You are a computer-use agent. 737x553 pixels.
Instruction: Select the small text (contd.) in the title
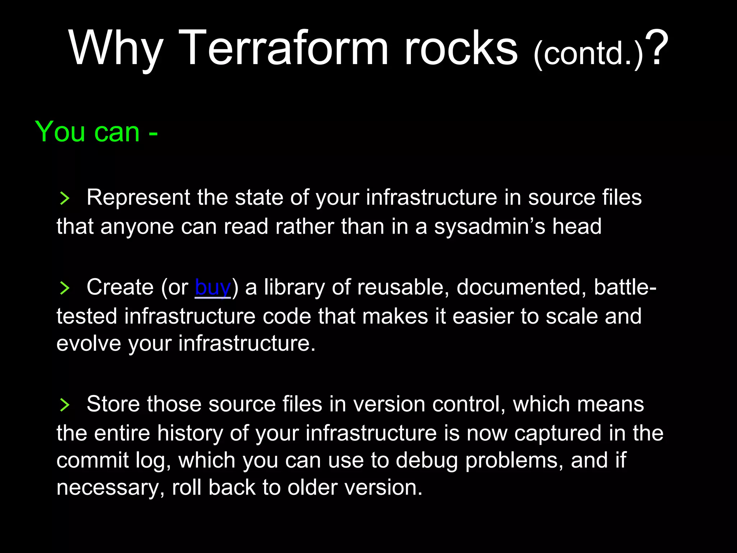coord(588,54)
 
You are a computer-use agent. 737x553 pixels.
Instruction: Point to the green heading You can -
coord(96,132)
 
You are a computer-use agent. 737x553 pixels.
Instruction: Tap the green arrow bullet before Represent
coord(64,198)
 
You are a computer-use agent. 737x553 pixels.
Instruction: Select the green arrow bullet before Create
coord(64,288)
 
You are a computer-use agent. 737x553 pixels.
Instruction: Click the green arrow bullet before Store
coord(64,405)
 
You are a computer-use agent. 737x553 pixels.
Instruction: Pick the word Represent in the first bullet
coord(138,198)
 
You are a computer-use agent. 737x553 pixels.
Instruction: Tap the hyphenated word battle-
coord(625,287)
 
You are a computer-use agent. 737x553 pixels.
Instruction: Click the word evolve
coord(89,343)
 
